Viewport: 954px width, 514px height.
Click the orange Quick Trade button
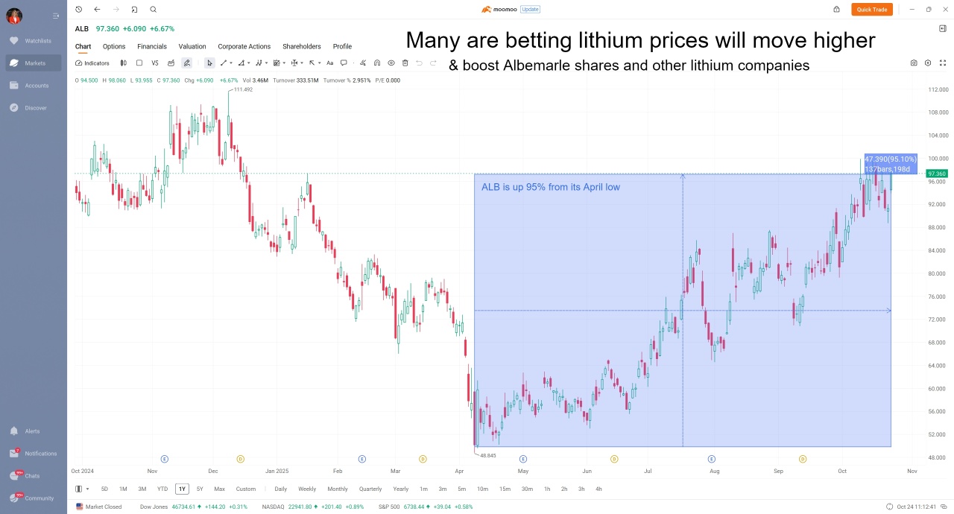click(x=871, y=10)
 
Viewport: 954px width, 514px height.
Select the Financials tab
click(x=152, y=46)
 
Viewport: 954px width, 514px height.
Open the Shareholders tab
click(x=301, y=46)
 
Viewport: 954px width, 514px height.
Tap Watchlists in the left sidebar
click(x=37, y=41)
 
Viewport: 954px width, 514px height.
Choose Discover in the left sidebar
click(x=35, y=108)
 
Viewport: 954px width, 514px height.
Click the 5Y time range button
click(x=200, y=489)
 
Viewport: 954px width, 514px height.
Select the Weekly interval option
click(x=307, y=489)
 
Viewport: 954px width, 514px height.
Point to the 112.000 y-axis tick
click(x=938, y=89)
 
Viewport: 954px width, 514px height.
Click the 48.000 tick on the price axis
click(x=938, y=457)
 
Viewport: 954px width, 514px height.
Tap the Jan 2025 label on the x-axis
click(x=277, y=471)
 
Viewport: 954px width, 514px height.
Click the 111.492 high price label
click(x=243, y=89)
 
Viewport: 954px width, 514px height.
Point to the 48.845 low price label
click(x=487, y=455)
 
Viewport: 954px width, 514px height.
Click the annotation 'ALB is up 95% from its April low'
click(x=550, y=187)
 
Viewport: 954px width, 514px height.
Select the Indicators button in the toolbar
click(x=92, y=63)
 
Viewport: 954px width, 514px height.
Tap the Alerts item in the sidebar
click(x=32, y=431)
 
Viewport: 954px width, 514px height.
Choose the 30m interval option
click(x=527, y=489)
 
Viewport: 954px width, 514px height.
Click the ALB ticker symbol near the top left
click(x=81, y=28)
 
